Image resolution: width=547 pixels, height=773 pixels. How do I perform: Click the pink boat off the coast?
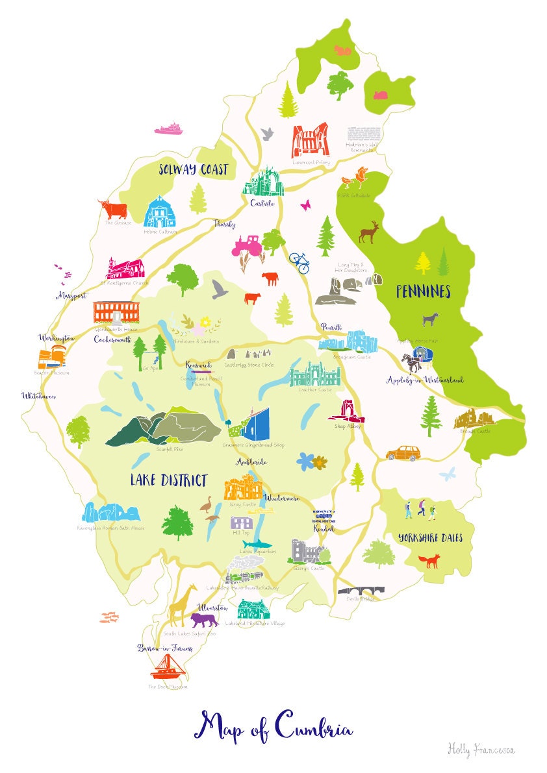[x=168, y=129]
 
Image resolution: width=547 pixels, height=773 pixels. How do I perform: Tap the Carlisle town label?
[x=262, y=203]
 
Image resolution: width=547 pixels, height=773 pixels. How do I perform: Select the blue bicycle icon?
[x=299, y=262]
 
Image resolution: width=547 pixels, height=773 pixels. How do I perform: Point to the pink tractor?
[x=247, y=246]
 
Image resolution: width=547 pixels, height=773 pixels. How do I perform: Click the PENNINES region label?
[x=423, y=293]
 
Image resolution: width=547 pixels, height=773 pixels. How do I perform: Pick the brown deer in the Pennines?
[x=369, y=232]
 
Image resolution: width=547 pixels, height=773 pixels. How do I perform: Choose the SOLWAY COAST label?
[x=194, y=170]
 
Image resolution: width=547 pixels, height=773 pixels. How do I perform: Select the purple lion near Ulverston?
[x=203, y=620]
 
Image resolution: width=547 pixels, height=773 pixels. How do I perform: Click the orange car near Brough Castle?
[x=403, y=452]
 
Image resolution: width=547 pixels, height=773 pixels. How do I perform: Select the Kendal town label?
[x=324, y=529]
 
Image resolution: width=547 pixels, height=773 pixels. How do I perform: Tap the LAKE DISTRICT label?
[x=168, y=481]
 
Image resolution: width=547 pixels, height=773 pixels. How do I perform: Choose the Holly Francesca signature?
[x=480, y=750]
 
